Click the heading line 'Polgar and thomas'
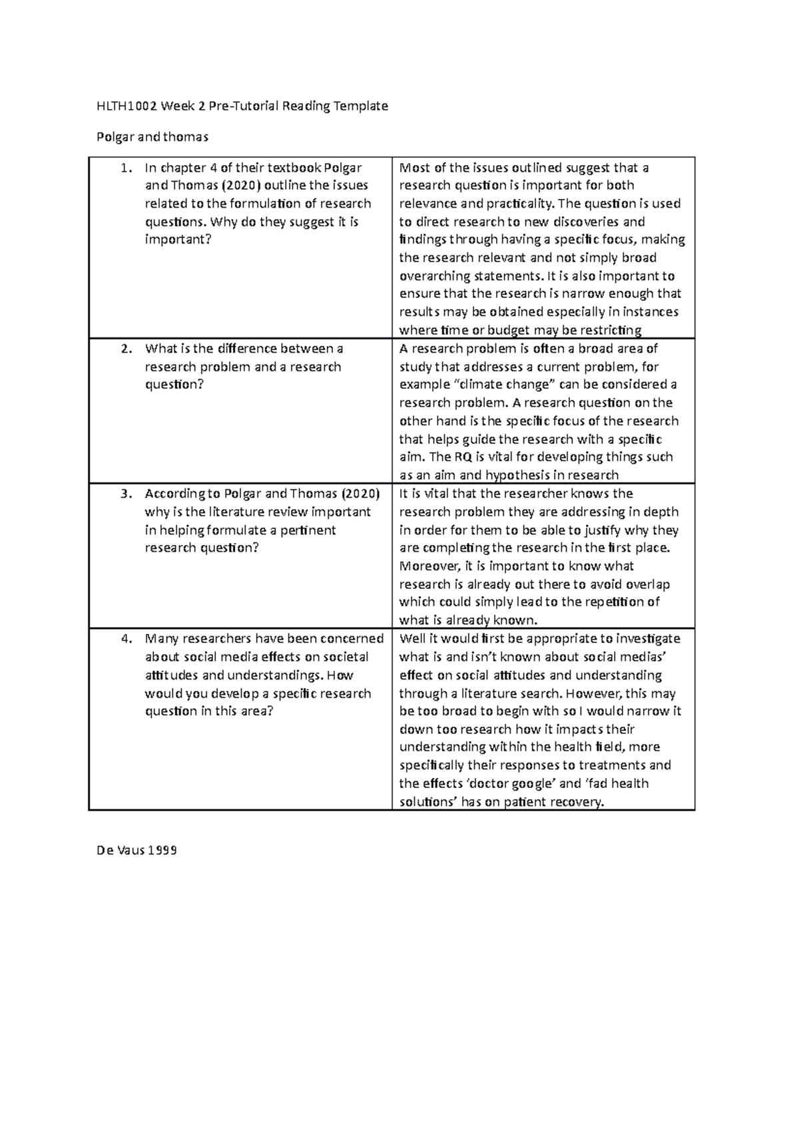tap(152, 137)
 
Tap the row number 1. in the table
tap(125, 168)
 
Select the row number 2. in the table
tap(126, 349)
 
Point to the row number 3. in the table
tap(126, 494)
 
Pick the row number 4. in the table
tap(126, 639)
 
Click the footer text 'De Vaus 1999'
tap(136, 850)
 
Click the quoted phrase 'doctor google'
tap(516, 784)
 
